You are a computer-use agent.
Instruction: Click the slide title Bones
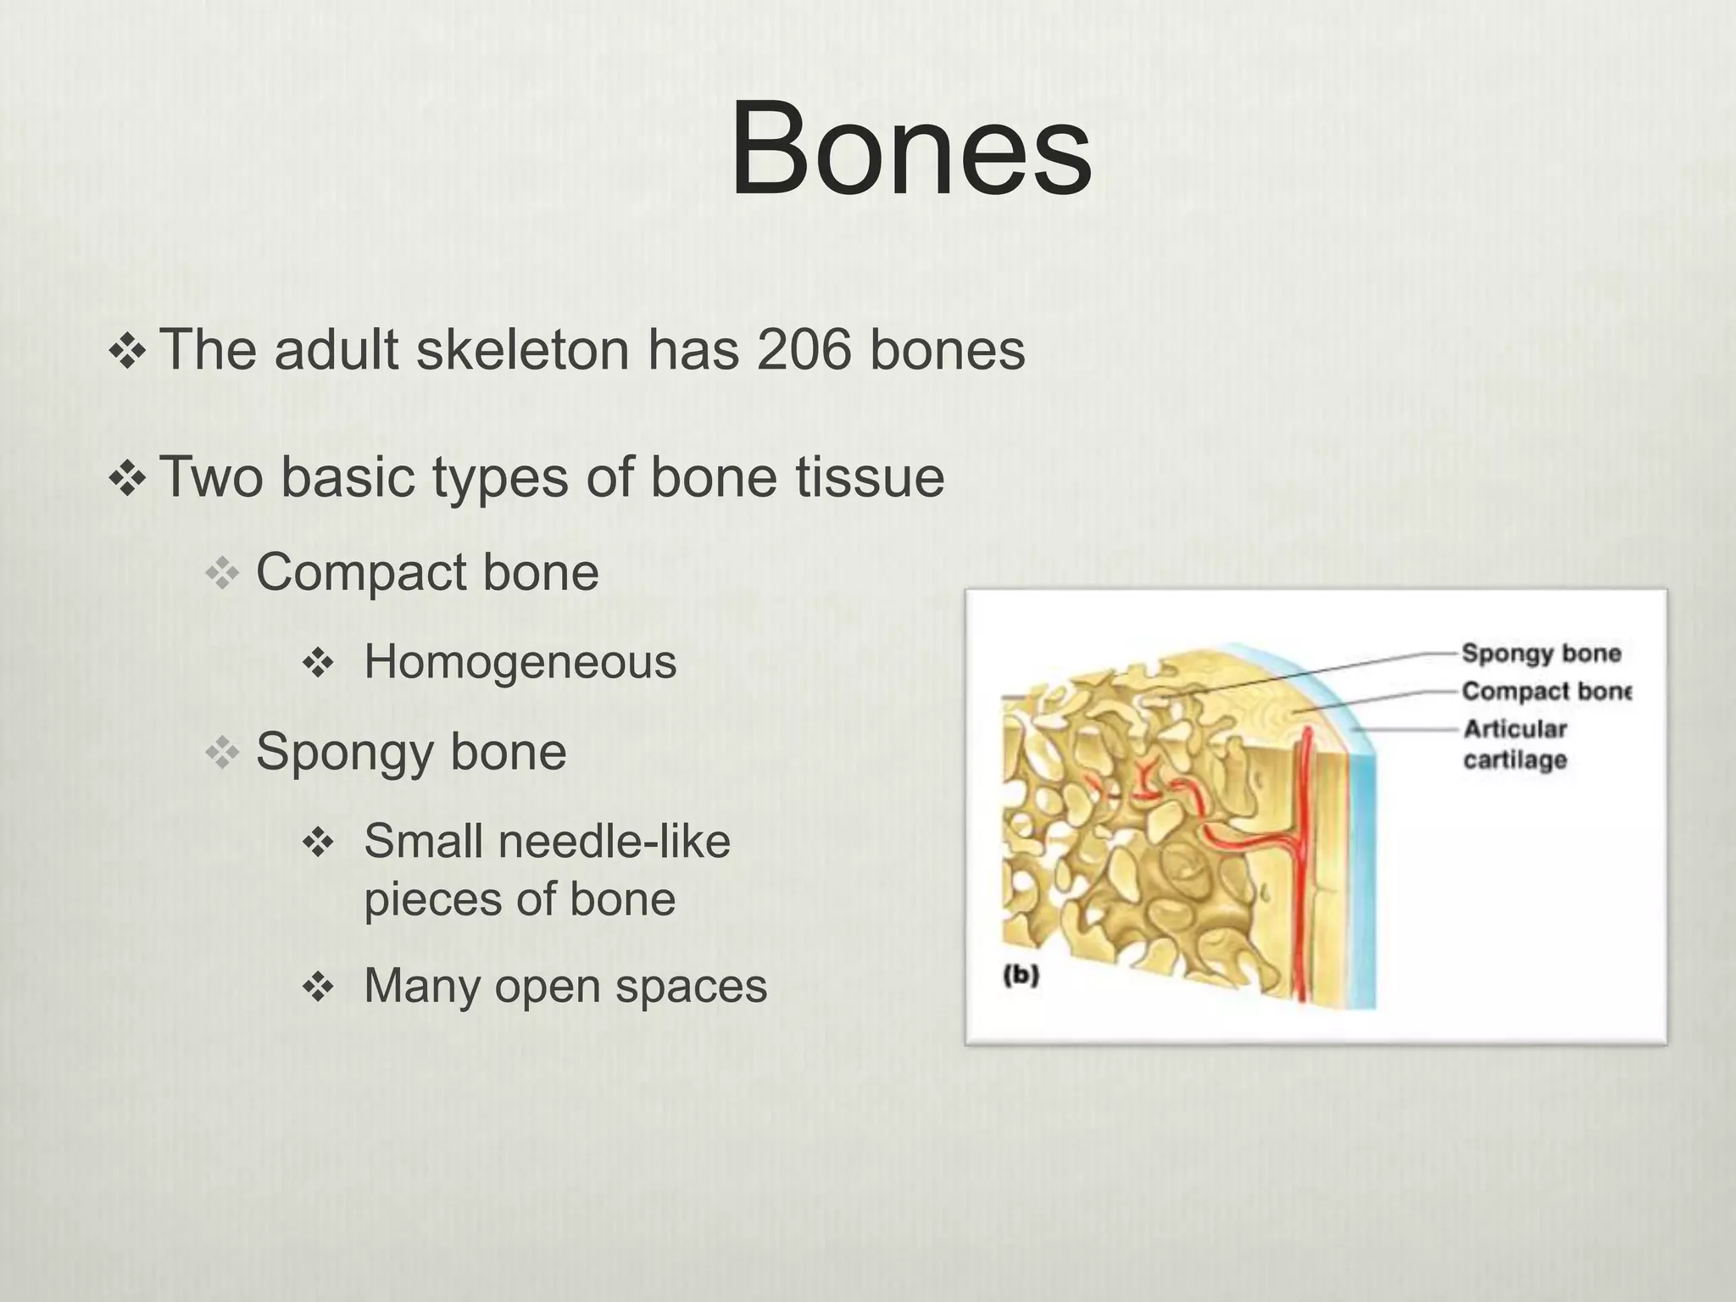[910, 149]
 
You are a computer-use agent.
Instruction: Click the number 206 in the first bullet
[804, 349]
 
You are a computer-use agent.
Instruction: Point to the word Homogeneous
[520, 662]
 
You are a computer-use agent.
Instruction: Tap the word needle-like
[614, 842]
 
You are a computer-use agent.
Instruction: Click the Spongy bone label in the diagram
[1541, 654]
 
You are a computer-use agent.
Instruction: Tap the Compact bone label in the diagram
[1545, 692]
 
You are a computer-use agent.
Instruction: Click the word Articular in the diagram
[1515, 729]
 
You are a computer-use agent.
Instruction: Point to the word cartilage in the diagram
[1515, 760]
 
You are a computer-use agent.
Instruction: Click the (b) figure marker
[1021, 976]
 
